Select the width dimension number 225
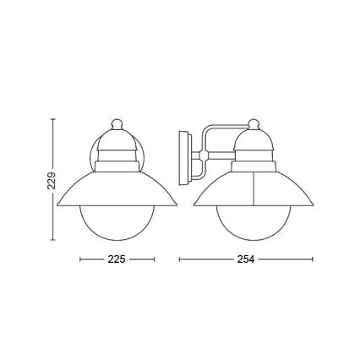(117, 259)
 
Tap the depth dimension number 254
(246, 259)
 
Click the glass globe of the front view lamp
(117, 221)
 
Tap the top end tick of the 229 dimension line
(52, 118)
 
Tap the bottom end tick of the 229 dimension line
(52, 241)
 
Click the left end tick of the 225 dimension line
(79, 259)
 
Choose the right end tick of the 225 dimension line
(155, 259)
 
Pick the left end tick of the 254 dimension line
(179, 259)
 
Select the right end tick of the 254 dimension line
(313, 259)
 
